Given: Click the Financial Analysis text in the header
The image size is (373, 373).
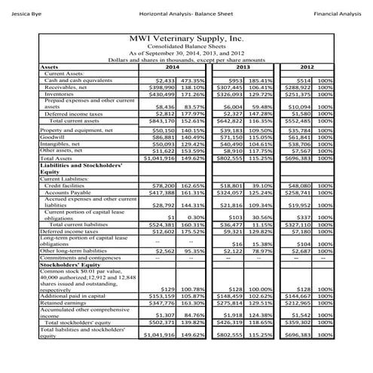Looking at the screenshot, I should coord(337,14).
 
